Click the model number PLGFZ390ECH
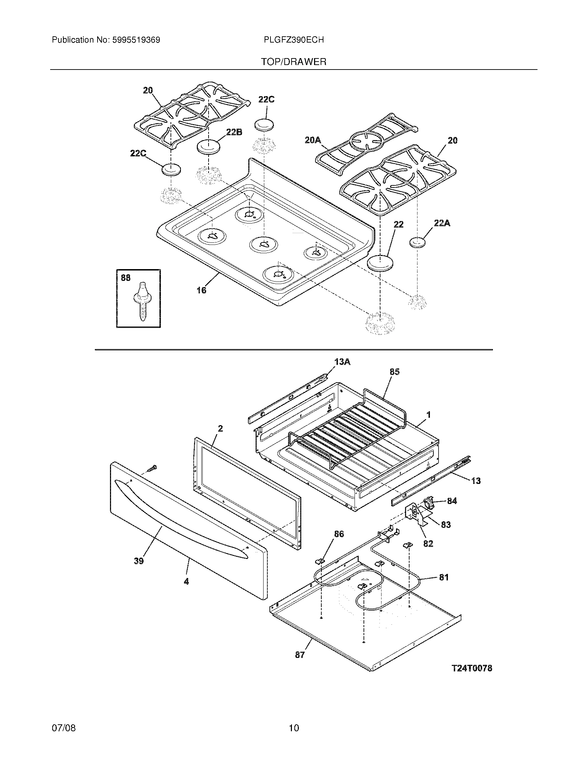click(294, 40)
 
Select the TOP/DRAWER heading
click(294, 62)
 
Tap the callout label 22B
click(234, 132)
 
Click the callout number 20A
click(312, 140)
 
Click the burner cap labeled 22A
click(418, 242)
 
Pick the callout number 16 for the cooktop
click(201, 290)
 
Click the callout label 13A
click(342, 362)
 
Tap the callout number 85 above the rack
click(394, 372)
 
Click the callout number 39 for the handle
click(139, 561)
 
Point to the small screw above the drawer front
click(152, 469)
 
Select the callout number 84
click(452, 501)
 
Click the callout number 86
click(339, 534)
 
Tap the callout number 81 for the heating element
click(443, 577)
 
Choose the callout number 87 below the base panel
click(300, 655)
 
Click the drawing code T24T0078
click(472, 668)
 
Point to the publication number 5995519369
click(136, 40)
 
